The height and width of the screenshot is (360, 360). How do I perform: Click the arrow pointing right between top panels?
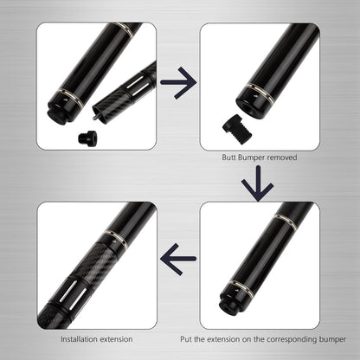pos(178,83)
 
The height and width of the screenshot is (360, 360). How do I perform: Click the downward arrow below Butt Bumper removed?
pos(257,183)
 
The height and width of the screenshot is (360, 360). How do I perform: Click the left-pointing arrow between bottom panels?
pos(178,259)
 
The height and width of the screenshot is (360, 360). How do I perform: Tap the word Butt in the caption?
pos(229,157)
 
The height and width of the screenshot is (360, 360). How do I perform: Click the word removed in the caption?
pos(282,157)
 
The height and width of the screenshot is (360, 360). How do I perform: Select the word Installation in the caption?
pos(79,339)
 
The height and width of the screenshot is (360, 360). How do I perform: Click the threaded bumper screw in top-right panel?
pos(237,126)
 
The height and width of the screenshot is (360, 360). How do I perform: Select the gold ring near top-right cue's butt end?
pos(260,93)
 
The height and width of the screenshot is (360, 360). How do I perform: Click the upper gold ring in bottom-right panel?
pos(286,222)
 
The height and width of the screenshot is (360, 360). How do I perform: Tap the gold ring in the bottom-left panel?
pos(116,239)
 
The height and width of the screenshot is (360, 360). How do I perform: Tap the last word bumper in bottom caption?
pos(332,339)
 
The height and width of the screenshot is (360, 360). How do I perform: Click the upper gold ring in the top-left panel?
pos(125,30)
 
